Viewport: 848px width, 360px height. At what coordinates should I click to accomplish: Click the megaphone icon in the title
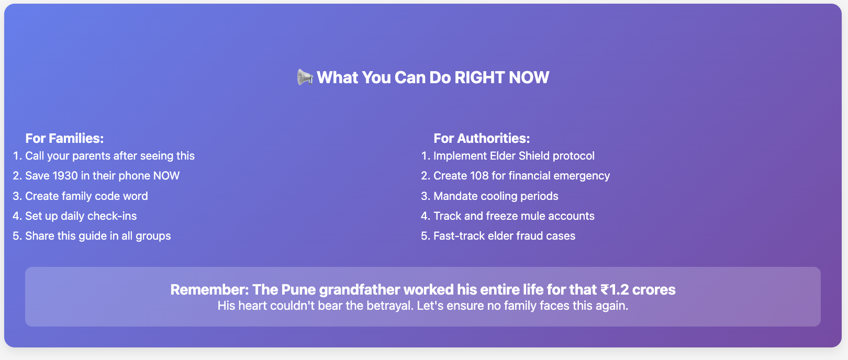point(305,77)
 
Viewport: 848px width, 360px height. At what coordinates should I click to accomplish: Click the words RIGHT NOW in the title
point(501,77)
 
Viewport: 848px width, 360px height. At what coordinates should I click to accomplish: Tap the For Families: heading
point(64,138)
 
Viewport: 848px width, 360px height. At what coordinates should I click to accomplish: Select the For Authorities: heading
point(482,138)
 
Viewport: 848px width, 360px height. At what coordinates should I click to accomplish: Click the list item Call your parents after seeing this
point(110,155)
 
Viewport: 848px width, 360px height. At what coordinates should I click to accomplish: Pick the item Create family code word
point(86,196)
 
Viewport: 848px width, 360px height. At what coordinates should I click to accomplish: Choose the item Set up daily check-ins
point(81,216)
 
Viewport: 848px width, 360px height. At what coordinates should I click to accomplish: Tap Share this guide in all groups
point(98,236)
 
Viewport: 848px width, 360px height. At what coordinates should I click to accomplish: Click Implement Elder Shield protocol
point(514,155)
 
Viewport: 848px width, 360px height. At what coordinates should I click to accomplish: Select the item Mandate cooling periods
point(496,196)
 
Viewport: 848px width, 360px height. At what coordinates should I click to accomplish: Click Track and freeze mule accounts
point(514,216)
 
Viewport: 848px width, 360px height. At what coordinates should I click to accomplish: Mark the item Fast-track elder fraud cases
point(504,236)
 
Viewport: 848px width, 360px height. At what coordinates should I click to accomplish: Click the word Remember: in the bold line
point(210,289)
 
